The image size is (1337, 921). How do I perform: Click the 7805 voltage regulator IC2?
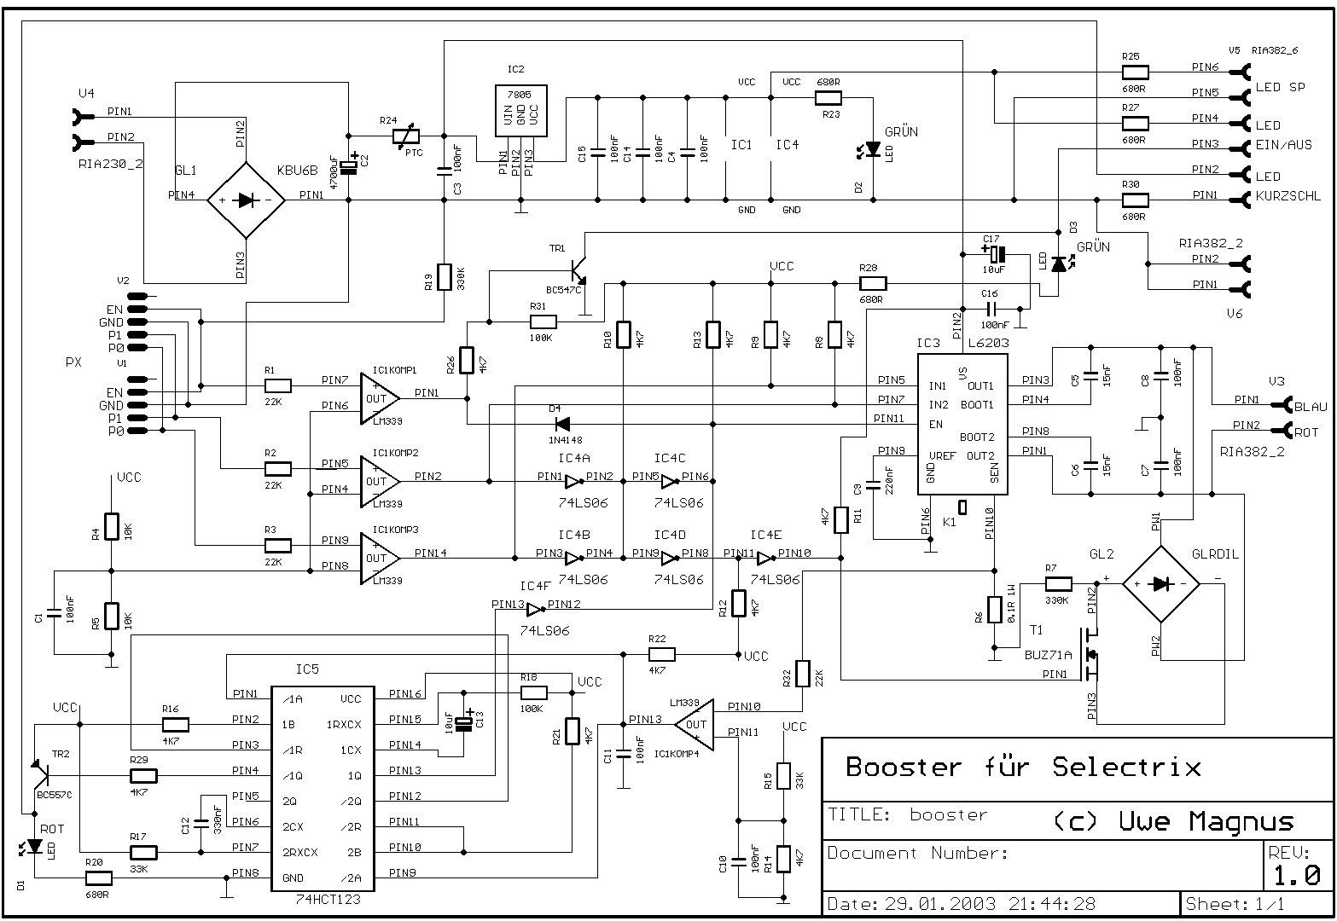[x=520, y=111]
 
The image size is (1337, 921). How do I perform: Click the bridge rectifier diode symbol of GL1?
[x=247, y=200]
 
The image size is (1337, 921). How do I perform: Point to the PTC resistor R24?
[x=406, y=136]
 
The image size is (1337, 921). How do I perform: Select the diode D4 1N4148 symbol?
[x=562, y=424]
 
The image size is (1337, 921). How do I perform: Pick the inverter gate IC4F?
[x=535, y=610]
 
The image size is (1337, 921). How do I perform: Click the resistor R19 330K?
[x=444, y=278]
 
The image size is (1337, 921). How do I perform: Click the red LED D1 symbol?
[x=34, y=847]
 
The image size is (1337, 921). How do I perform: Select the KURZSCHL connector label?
[x=1288, y=196]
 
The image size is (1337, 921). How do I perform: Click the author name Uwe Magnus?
[x=1206, y=822]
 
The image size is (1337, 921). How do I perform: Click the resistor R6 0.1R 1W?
[x=994, y=609]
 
